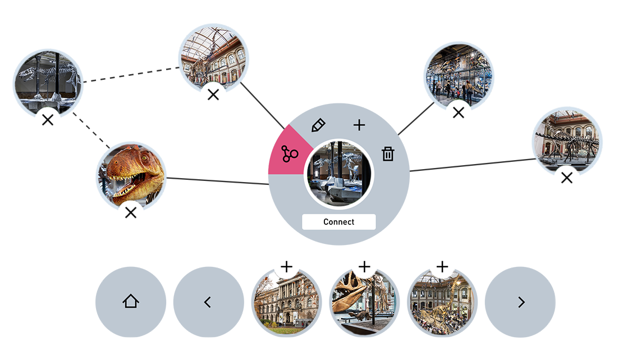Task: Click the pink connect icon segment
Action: [x=289, y=153]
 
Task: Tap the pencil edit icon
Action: [x=318, y=125]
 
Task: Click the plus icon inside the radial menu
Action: [x=359, y=125]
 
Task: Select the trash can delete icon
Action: [x=388, y=154]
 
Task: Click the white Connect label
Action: [x=338, y=222]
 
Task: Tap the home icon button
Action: [x=131, y=302]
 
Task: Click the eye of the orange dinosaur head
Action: [x=145, y=158]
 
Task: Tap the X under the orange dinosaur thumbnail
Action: [x=131, y=213]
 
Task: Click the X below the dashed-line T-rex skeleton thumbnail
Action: [x=48, y=120]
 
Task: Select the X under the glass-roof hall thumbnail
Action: [x=213, y=94]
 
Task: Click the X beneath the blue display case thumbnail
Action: [x=459, y=112]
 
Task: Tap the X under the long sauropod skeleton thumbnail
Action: [x=567, y=178]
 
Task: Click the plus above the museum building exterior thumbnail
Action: [x=286, y=266]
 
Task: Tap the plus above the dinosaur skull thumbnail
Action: [x=364, y=266]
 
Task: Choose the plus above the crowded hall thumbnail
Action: [x=442, y=266]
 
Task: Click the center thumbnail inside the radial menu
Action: [x=339, y=174]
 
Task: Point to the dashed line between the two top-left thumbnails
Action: [x=131, y=74]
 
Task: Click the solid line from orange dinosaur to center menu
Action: [x=217, y=181]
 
